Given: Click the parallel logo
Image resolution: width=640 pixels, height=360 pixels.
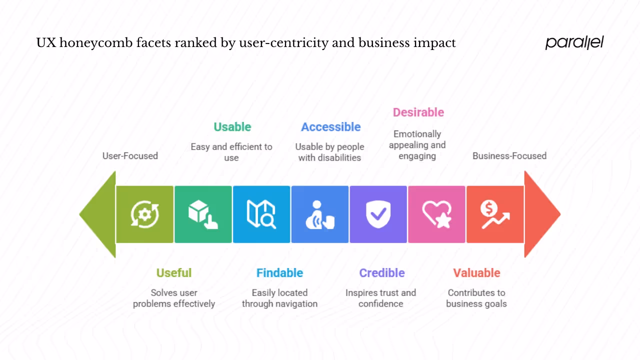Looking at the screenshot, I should tap(574, 42).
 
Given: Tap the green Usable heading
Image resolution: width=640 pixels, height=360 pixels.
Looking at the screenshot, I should tap(232, 127).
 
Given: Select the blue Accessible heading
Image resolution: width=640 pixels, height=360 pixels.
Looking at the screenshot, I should tap(330, 127).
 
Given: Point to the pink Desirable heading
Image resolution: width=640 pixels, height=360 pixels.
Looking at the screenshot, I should tap(418, 112).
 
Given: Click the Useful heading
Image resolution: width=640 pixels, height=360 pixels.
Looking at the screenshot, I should tap(173, 273).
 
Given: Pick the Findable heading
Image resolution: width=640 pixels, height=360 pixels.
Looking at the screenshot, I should tap(279, 273).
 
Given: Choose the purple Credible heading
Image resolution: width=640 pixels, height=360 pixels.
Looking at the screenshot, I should tap(381, 273).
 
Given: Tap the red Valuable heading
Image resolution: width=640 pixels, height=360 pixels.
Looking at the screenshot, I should tap(476, 273).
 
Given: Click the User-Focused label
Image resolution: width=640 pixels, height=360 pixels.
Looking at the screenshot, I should tap(130, 156).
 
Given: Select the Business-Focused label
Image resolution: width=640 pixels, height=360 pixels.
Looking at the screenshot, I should tap(509, 156).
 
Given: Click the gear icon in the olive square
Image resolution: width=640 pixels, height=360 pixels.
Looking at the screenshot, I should tap(144, 214).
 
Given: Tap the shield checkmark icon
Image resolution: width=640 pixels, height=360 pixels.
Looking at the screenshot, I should tap(378, 214).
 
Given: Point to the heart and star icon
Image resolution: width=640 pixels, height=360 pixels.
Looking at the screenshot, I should tap(436, 214).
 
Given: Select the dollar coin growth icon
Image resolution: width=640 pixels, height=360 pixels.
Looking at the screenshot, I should tap(494, 214).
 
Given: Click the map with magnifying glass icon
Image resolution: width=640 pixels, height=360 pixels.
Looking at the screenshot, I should tap(261, 214).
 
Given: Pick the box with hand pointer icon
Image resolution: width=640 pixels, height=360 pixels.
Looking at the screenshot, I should tap(202, 214).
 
